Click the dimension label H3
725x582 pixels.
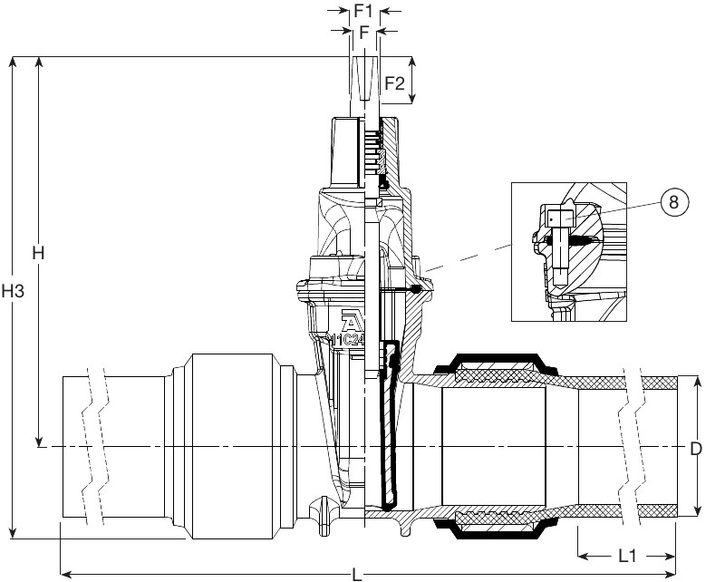(x=12, y=292)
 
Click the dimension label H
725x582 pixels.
(x=38, y=253)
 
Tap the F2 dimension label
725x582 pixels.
(x=394, y=82)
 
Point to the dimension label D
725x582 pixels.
(x=696, y=448)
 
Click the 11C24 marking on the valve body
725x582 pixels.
(x=347, y=340)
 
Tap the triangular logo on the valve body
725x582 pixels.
(x=350, y=323)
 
